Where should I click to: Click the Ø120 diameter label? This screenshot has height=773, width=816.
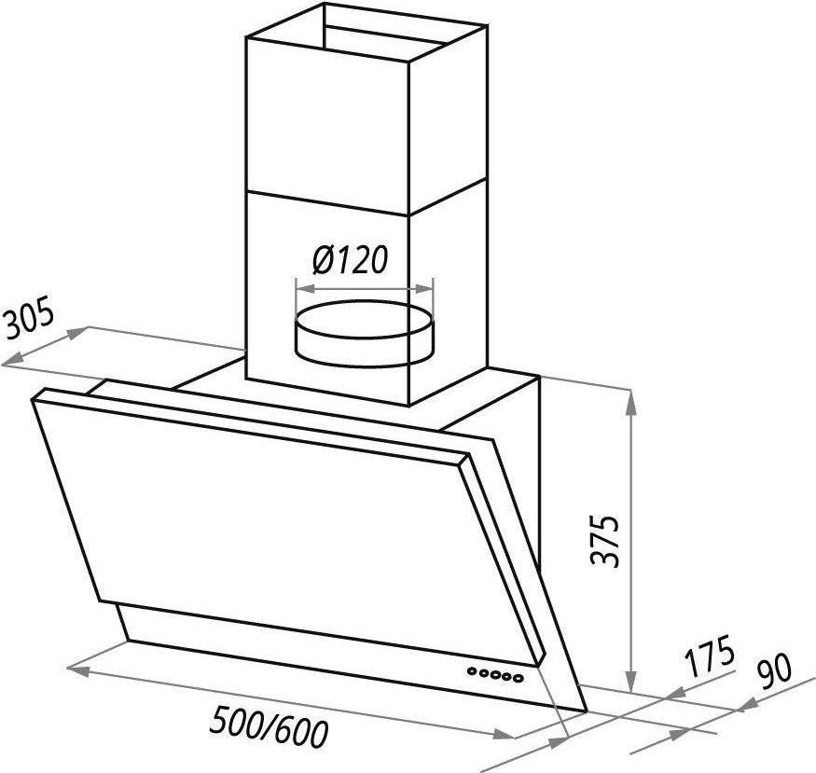[350, 259]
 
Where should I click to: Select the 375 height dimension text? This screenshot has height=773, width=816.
[605, 541]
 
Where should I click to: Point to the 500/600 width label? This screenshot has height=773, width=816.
[269, 726]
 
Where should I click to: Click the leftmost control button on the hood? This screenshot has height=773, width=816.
[472, 671]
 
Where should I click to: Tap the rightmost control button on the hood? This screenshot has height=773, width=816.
[517, 678]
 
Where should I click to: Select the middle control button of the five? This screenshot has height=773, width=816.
[494, 675]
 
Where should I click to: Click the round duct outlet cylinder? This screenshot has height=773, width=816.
[364, 334]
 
